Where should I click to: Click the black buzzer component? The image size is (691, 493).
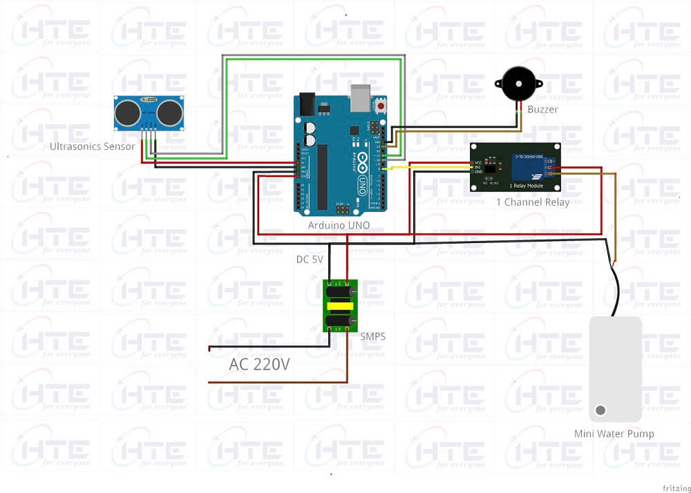point(518,84)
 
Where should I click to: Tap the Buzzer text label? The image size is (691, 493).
point(542,109)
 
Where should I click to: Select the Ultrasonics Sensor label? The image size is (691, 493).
point(93,146)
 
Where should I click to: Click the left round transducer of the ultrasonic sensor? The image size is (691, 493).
point(128,113)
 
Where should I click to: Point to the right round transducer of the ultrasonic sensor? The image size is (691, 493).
point(169,113)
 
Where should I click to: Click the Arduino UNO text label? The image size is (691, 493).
point(339,225)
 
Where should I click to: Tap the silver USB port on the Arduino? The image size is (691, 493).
point(361,98)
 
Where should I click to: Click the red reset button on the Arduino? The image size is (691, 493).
point(380,106)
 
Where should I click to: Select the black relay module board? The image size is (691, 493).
point(515,167)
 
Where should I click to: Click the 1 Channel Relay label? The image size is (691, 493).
point(533,202)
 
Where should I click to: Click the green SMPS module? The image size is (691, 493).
point(340,305)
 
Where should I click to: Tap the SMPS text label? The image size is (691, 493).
point(372,336)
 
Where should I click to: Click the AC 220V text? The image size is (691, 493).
point(259,365)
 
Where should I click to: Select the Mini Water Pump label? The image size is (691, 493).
point(614,434)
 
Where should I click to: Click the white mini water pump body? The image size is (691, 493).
point(615,366)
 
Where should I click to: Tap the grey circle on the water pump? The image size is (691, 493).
point(600,410)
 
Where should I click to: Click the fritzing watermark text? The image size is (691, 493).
point(676,487)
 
